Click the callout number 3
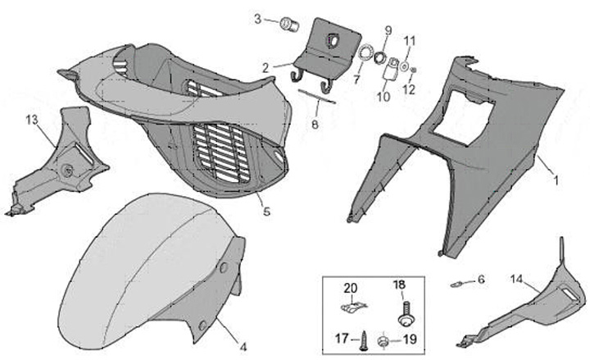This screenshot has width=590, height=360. (256, 19)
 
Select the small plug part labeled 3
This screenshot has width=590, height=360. (288, 23)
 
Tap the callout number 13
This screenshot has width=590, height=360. (31, 120)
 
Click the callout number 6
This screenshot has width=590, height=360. (481, 280)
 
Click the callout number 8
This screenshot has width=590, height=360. (315, 125)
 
